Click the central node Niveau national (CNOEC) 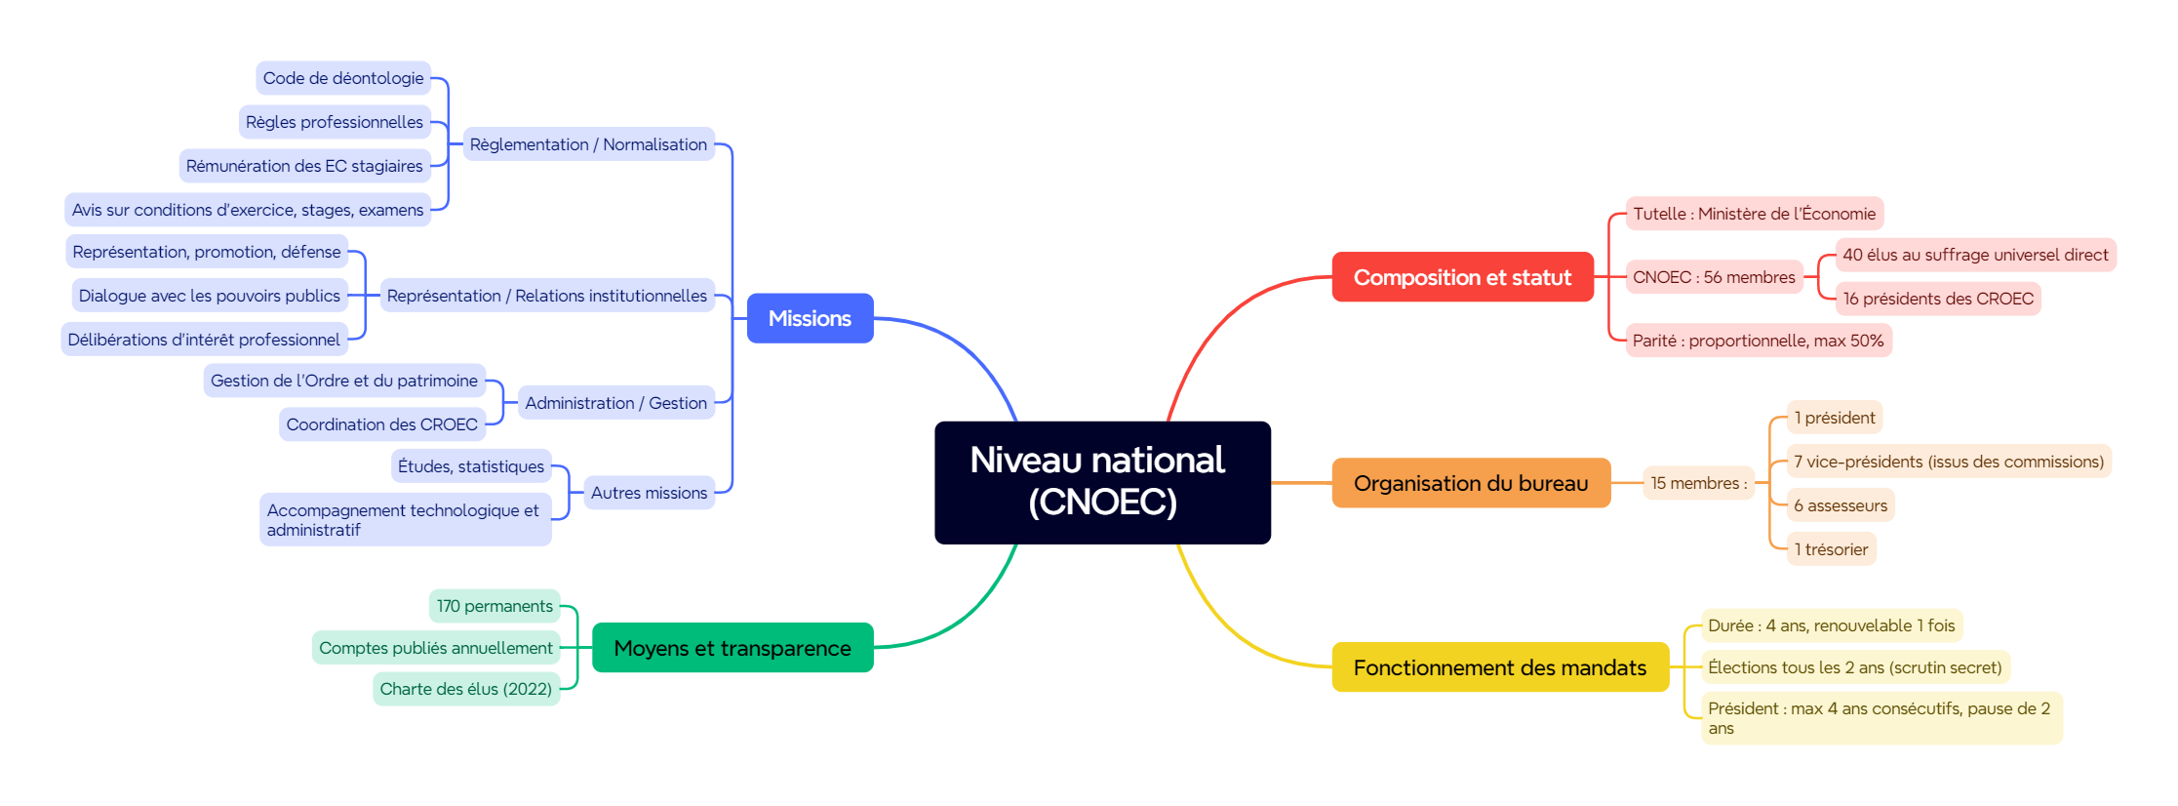(x=1102, y=482)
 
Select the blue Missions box (x=810, y=318)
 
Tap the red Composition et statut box (x=1462, y=277)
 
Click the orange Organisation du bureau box (x=1471, y=483)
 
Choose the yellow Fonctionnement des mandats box (x=1499, y=667)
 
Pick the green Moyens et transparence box (x=733, y=648)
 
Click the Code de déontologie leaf (x=343, y=78)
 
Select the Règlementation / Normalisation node (x=588, y=144)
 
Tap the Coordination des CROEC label (x=382, y=424)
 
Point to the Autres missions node (x=649, y=493)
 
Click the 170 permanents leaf (x=495, y=606)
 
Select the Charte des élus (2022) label (x=466, y=689)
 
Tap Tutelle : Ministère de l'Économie (x=1754, y=214)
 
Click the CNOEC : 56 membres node (x=1714, y=277)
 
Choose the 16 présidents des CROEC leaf (x=1938, y=299)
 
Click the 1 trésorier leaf (x=1831, y=549)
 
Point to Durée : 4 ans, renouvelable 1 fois (x=1831, y=625)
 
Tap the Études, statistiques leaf (x=471, y=466)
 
